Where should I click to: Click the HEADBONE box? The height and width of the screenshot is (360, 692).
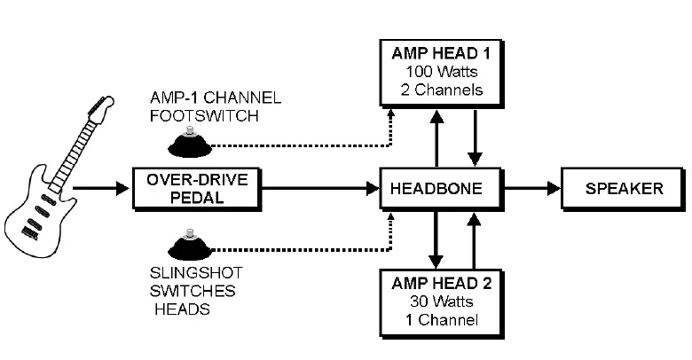[436, 189]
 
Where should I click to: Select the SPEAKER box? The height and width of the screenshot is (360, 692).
[623, 189]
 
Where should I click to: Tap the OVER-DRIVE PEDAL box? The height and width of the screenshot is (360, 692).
[197, 189]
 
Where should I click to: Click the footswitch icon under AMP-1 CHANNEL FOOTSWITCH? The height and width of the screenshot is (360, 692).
[189, 142]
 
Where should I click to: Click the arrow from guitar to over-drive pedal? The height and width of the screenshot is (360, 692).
[100, 189]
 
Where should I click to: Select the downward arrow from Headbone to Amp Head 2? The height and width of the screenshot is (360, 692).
[436, 239]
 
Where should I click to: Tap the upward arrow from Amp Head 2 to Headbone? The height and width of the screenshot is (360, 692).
[476, 239]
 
